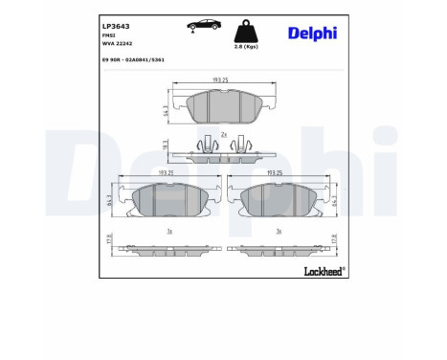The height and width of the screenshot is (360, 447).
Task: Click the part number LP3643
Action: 117,26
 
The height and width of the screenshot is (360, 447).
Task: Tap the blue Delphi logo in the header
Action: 312,34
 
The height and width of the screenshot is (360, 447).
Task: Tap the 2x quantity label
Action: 222,135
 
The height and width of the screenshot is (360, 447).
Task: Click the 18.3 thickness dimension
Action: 166,146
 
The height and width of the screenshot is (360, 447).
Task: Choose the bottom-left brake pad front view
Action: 170,198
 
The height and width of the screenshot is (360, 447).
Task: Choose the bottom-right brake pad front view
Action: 277,198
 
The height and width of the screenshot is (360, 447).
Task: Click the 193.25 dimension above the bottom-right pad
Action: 277,173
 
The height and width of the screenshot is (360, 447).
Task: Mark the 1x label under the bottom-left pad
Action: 169,231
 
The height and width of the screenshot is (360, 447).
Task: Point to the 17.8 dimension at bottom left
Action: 110,238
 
